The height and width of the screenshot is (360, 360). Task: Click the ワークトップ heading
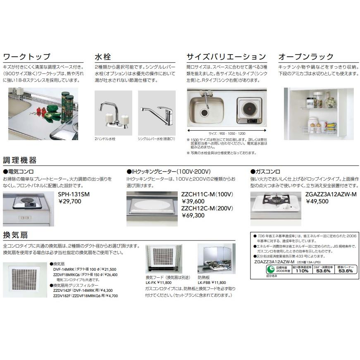pyautogui.click(x=26, y=57)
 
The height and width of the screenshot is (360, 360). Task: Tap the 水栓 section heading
pyautogui.click(x=103, y=57)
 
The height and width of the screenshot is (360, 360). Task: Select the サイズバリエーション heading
pyautogui.click(x=226, y=57)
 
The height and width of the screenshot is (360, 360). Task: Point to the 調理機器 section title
pyautogui.click(x=19, y=160)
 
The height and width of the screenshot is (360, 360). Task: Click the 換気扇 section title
pyautogui.click(x=15, y=235)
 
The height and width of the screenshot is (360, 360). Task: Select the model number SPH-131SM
pyautogui.click(x=74, y=194)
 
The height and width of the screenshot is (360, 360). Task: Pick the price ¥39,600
pyautogui.click(x=193, y=201)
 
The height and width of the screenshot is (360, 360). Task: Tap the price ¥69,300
pyautogui.click(x=193, y=215)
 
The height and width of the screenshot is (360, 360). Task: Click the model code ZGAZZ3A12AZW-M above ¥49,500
pyautogui.click(x=331, y=194)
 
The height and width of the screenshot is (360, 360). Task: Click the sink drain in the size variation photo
pyautogui.click(x=204, y=112)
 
